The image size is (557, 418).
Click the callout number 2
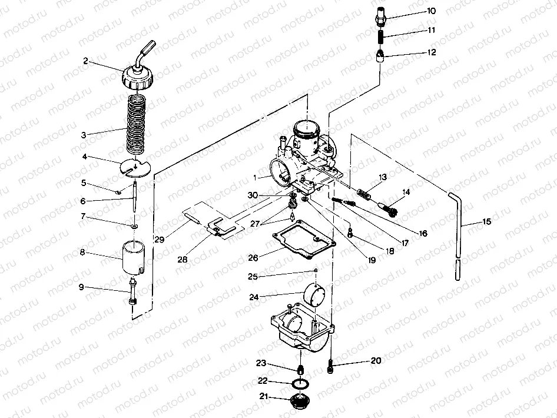[85, 61]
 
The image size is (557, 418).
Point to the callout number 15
[486, 223]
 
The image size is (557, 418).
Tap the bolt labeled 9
[132, 293]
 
